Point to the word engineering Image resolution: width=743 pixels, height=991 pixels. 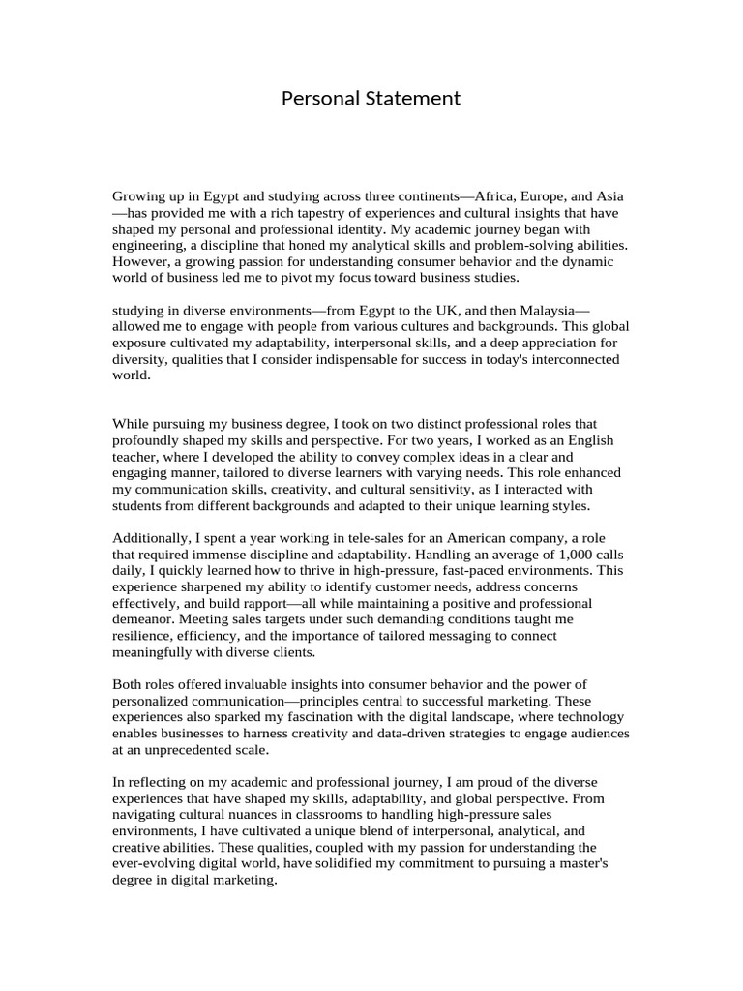tap(146, 246)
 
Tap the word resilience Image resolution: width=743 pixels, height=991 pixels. tap(145, 636)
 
